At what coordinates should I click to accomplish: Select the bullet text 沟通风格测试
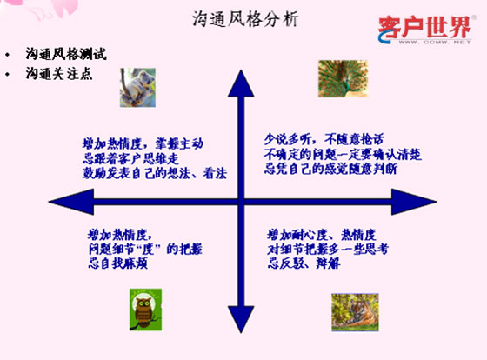tap(66, 54)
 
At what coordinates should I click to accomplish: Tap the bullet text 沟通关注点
tap(59, 73)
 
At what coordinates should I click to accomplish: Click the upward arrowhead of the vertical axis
tap(238, 83)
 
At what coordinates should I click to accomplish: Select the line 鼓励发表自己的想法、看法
tap(148, 174)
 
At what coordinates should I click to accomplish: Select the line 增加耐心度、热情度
tap(322, 235)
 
